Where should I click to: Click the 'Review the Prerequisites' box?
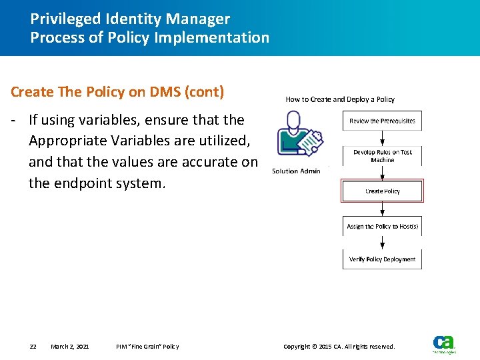382,121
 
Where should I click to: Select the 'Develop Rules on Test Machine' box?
382,156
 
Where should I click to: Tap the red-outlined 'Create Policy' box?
382,191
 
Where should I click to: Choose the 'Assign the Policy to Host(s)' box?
382,227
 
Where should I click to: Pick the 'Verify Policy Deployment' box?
382,259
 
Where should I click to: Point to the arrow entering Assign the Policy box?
382,209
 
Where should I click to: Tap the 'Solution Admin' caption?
296,171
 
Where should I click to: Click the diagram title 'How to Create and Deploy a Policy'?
340,99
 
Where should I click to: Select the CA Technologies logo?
444,344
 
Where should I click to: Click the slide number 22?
33,347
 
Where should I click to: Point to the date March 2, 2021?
70,347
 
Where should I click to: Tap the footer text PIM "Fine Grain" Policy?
147,347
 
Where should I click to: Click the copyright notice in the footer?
339,347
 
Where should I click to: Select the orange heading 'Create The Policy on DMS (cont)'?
117,92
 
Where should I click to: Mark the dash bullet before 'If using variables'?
14,120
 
